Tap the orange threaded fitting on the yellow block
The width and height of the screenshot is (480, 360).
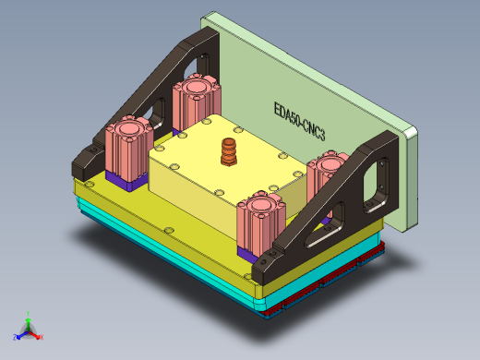pyautogui.click(x=228, y=152)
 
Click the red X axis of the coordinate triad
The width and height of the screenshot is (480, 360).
pyautogui.click(x=39, y=336)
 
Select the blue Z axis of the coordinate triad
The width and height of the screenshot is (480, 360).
pyautogui.click(x=19, y=334)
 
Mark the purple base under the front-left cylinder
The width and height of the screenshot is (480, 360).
pyautogui.click(x=126, y=178)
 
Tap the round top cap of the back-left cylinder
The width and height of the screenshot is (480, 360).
pyautogui.click(x=195, y=87)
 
